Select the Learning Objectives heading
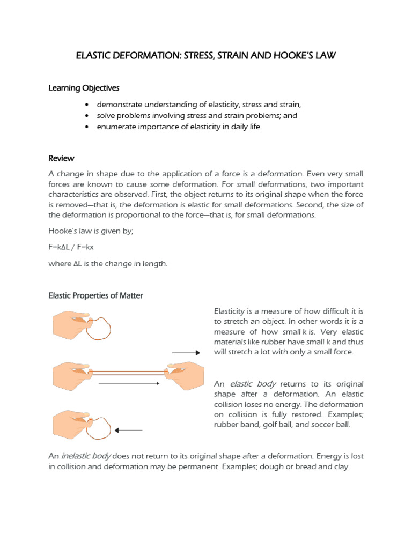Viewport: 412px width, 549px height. coord(84,87)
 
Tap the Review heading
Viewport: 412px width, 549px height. coord(61,159)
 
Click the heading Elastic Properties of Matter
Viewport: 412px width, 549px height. coord(96,295)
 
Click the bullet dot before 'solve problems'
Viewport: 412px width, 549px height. coord(87,116)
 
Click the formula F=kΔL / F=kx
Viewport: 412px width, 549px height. coord(71,247)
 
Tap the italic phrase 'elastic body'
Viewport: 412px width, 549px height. coord(253,384)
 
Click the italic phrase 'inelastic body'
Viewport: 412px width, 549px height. coord(87,456)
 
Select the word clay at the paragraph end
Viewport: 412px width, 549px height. coord(340,466)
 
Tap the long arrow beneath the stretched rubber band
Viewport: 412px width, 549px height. coord(129,383)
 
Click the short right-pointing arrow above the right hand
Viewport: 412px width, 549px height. coord(186,352)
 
